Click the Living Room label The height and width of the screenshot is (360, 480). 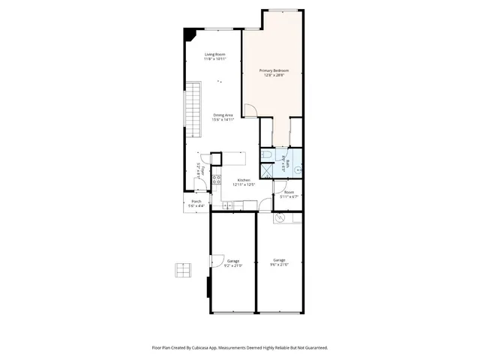point(215,55)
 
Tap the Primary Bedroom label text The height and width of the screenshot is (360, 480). point(274,71)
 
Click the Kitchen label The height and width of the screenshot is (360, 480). point(244,181)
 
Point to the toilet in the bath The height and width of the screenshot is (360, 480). point(268,155)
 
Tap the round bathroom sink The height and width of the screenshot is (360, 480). point(298,170)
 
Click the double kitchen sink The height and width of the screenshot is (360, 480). point(226,205)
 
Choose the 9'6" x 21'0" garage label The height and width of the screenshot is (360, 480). point(279,264)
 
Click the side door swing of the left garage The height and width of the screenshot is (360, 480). point(214,262)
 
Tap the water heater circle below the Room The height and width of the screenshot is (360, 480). point(279,218)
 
